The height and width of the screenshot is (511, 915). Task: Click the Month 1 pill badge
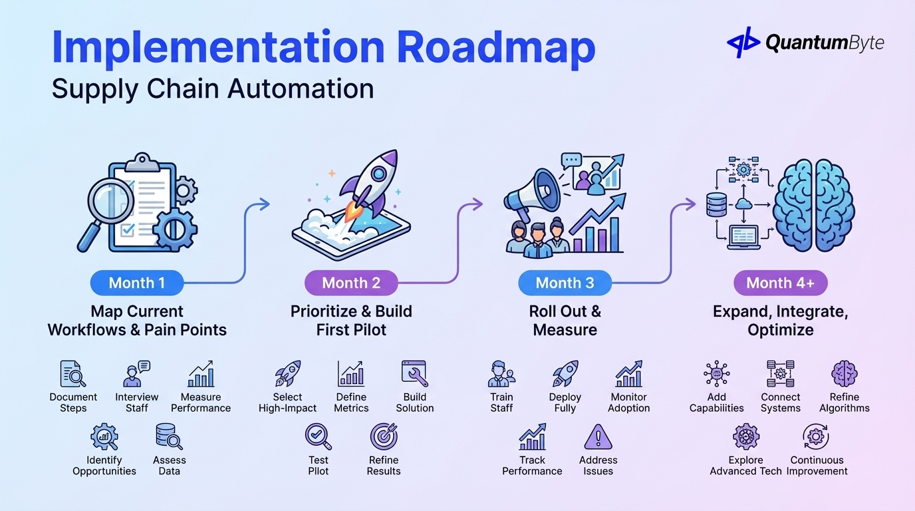(136, 283)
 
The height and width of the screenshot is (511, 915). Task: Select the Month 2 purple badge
(351, 283)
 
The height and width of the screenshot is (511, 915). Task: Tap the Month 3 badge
(565, 283)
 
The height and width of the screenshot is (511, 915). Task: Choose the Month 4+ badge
(780, 283)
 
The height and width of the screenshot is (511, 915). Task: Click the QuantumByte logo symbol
(743, 43)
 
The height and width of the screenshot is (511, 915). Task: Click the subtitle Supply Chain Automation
(213, 89)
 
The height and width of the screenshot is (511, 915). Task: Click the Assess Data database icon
(168, 437)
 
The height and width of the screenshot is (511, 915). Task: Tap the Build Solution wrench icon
(414, 374)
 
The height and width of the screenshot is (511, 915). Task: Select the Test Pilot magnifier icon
(318, 437)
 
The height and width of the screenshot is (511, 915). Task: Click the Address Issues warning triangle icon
(598, 437)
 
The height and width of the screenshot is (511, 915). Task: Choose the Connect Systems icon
(780, 374)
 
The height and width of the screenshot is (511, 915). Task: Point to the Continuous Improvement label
(817, 466)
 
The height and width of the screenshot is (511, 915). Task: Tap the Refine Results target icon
(384, 437)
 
